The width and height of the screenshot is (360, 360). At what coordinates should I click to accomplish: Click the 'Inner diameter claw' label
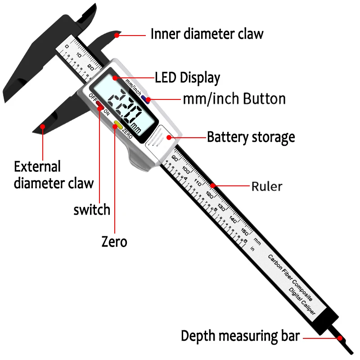pyautogui.click(x=207, y=34)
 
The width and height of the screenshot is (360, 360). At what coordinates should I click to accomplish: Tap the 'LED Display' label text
pyautogui.click(x=187, y=77)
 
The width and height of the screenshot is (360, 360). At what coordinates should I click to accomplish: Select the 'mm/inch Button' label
pyautogui.click(x=234, y=99)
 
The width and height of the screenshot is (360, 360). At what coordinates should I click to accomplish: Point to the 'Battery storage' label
pyautogui.click(x=251, y=137)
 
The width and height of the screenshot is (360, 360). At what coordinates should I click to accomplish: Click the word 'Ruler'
pyautogui.click(x=267, y=185)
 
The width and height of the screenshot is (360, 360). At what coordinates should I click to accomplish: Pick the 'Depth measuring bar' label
pyautogui.click(x=240, y=336)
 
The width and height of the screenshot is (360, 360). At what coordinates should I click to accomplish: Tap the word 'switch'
pyautogui.click(x=92, y=210)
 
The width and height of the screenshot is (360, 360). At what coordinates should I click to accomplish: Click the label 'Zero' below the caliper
pyautogui.click(x=114, y=242)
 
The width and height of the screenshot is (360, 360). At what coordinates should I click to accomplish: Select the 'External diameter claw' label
pyautogui.click(x=54, y=175)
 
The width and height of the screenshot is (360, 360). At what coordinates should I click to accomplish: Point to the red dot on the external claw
pyautogui.click(x=43, y=127)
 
